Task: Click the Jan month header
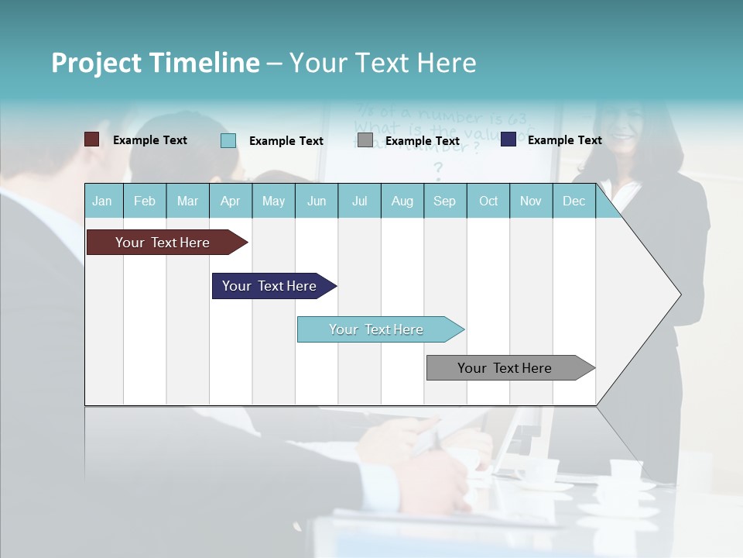pos(102,201)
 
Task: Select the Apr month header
pos(230,201)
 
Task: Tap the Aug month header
pos(402,201)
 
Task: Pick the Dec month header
pos(574,201)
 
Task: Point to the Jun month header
pos(316,201)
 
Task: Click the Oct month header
pos(488,201)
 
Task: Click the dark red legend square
pos(91,139)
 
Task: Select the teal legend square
pos(228,140)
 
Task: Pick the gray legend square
pos(365,140)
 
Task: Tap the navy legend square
pos(508,139)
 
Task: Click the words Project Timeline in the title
pos(155,63)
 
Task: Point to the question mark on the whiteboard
pos(438,169)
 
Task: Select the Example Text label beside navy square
pos(564,139)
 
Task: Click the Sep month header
pos(444,201)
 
